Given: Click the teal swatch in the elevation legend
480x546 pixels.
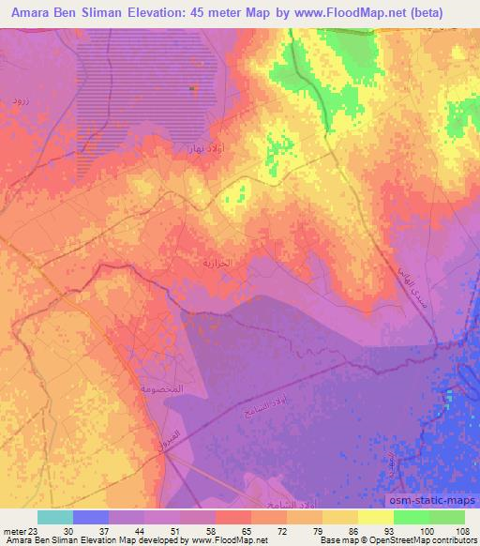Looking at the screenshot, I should [x=55, y=517].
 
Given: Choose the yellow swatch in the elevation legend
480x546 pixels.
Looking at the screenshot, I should [x=376, y=517].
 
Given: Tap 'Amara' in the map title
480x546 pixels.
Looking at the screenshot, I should [x=29, y=12].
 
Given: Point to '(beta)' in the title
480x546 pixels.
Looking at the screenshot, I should [x=441, y=12].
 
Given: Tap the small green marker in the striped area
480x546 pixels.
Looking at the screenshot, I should [x=192, y=88].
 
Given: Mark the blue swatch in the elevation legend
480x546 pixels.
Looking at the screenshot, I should [x=91, y=517].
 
